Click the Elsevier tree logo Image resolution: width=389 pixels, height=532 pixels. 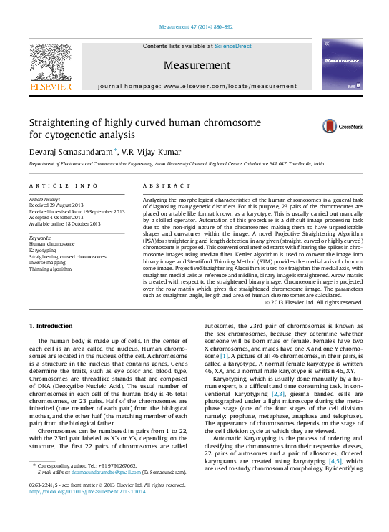50,64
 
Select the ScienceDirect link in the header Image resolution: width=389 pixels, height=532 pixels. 232,46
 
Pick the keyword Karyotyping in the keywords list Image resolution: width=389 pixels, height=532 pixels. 42,250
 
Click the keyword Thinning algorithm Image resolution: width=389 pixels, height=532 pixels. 50,269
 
